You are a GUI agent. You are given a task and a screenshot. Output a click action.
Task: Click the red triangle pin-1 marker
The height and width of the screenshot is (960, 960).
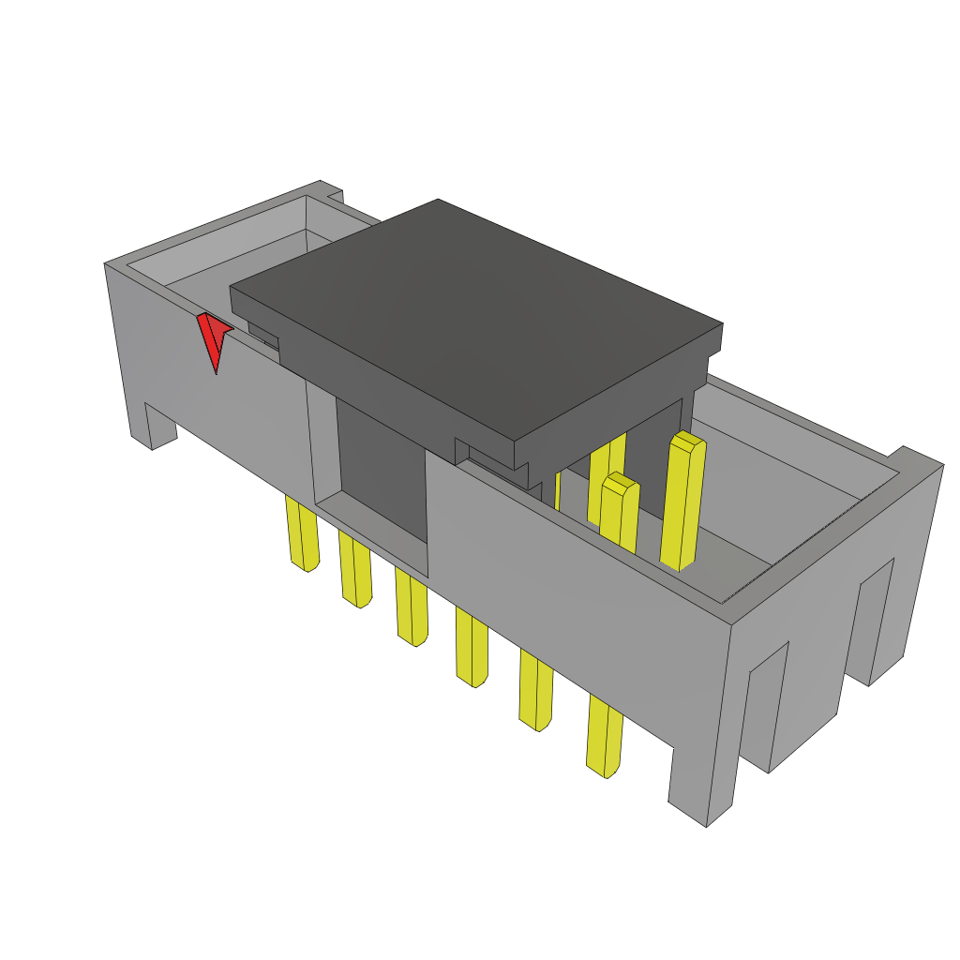coord(215,337)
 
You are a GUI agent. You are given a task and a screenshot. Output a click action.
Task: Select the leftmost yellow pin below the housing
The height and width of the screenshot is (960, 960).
coord(302,534)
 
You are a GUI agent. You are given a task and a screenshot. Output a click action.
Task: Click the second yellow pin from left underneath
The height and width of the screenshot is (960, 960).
coord(354,570)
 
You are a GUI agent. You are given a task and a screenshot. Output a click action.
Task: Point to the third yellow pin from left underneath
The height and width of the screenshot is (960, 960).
coord(411,607)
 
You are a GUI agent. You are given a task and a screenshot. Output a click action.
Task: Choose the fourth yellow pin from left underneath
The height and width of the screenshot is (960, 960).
coord(471,647)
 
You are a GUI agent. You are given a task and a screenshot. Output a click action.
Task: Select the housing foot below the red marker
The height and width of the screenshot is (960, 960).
coord(159,427)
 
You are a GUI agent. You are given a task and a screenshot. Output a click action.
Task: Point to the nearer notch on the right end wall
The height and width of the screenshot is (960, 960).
coord(767,703)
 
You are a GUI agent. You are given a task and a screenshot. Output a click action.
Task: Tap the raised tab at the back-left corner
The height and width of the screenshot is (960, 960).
coord(330,192)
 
